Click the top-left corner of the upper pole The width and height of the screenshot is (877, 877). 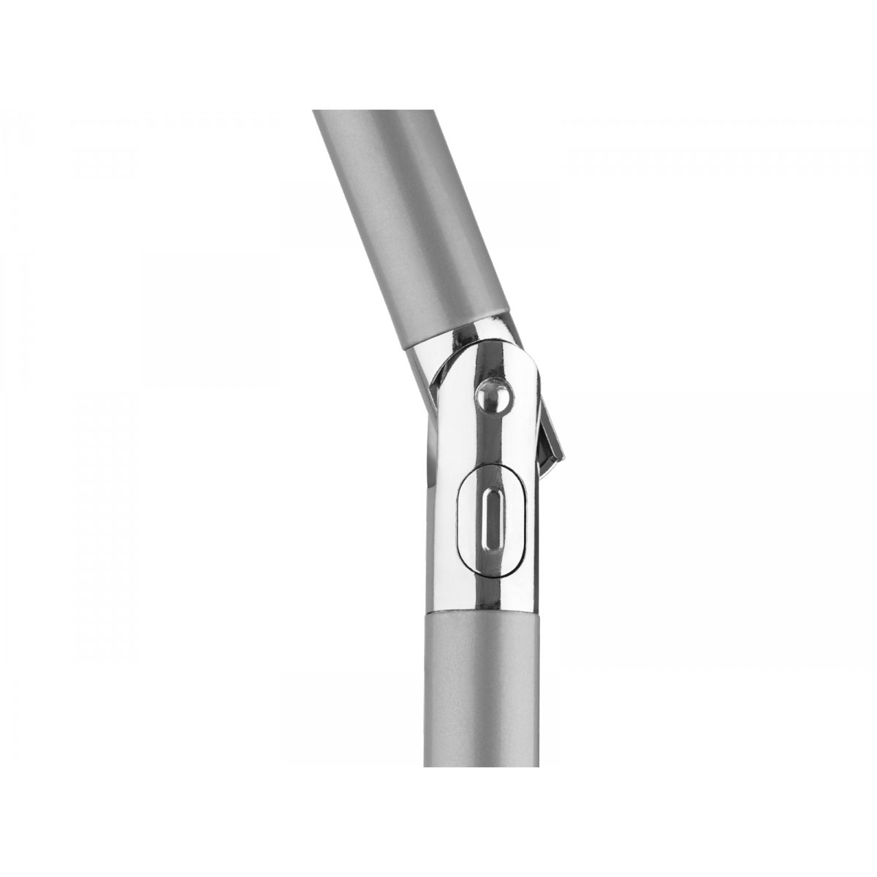coord(313,111)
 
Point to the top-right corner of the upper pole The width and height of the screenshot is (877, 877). coord(387,111)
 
